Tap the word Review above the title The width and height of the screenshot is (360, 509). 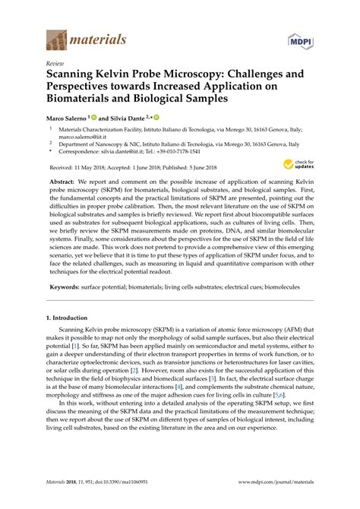click(55, 65)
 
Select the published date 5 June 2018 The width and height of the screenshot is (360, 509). click(197, 167)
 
